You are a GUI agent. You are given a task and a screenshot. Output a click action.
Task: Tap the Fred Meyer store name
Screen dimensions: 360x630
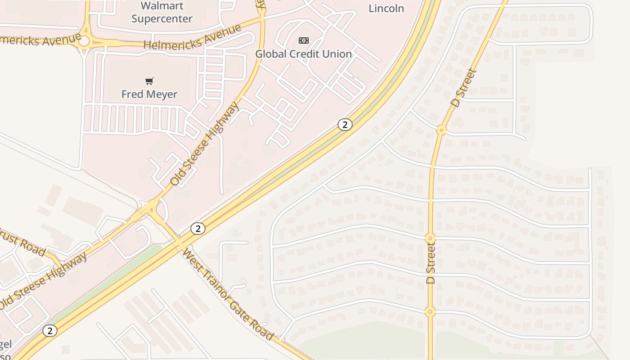tap(149, 94)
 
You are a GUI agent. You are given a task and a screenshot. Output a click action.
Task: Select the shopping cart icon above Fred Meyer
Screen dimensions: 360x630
tap(149, 81)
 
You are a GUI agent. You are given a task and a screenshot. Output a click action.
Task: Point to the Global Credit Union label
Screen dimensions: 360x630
tap(303, 54)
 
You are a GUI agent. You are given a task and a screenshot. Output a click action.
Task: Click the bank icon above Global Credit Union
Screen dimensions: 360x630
tap(304, 40)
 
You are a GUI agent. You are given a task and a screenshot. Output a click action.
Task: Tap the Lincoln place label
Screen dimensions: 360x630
tap(386, 8)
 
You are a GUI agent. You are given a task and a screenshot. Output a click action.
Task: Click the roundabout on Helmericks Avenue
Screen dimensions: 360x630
tap(84, 41)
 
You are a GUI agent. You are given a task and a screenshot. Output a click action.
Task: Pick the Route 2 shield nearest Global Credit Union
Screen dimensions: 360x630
tap(345, 125)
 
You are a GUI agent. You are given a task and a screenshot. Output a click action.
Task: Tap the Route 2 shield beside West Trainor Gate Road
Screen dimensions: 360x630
tap(198, 229)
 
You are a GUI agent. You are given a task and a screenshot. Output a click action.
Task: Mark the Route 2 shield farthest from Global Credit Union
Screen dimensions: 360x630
tap(50, 331)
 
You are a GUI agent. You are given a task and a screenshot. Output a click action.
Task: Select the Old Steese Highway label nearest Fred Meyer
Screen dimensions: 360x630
tap(204, 144)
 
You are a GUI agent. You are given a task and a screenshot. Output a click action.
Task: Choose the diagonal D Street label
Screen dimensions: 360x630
tap(463, 87)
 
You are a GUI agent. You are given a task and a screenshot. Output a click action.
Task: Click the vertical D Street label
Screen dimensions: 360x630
tap(431, 263)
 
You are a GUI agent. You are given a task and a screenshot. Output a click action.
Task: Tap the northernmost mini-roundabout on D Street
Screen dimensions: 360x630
tap(441, 130)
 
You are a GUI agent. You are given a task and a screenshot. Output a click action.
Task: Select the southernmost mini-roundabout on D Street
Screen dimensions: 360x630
tap(430, 311)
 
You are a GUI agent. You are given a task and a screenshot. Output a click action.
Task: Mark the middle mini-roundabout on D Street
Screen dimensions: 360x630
tap(430, 238)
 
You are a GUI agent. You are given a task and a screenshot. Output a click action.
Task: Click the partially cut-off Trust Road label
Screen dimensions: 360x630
tap(22, 243)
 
